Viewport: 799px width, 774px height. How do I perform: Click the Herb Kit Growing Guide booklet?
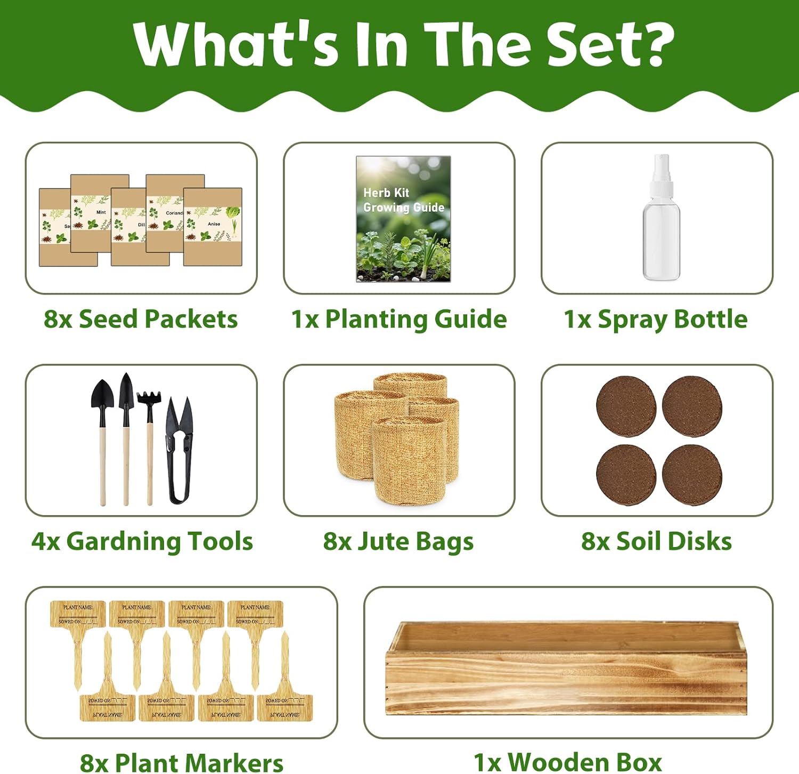tap(403, 218)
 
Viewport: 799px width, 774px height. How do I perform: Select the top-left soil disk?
tap(626, 406)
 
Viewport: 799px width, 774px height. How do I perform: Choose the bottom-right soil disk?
tap(692, 474)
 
